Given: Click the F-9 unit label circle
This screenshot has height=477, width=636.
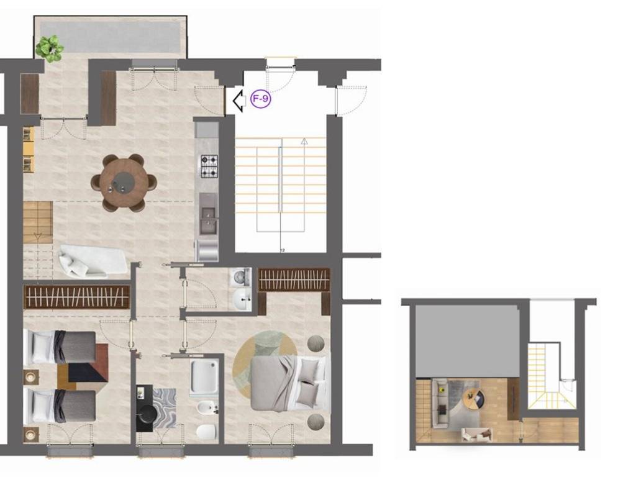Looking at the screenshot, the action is point(260,99).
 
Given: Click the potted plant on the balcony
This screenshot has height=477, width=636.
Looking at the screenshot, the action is point(50,48).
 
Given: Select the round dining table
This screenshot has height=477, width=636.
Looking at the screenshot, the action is point(124,183).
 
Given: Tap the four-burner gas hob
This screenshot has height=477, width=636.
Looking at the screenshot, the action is point(209,166).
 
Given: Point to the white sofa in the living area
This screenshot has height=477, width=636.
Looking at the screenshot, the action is point(93,261).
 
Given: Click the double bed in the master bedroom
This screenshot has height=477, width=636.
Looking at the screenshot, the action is point(288,383).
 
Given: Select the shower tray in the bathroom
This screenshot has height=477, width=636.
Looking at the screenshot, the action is point(205,377).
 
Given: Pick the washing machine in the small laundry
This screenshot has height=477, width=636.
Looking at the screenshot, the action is point(240,277).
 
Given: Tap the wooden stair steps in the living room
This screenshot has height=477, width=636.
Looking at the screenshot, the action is point(38,222).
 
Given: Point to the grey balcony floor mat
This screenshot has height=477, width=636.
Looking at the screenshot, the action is point(109,37).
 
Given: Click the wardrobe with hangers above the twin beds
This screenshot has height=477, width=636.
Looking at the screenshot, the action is point(76,297).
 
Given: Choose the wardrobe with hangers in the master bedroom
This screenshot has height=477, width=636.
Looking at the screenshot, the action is point(294,279).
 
